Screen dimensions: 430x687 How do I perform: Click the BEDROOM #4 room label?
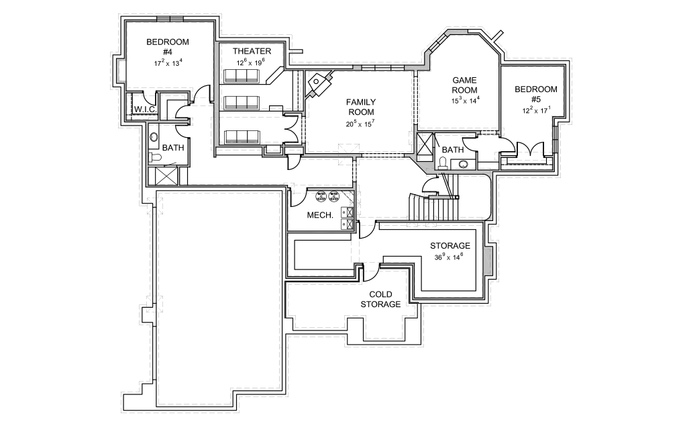(x=168, y=46)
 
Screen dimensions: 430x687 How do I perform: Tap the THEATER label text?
(x=252, y=51)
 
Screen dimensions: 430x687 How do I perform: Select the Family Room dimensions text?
(x=360, y=124)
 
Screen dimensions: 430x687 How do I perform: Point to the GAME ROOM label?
(x=464, y=85)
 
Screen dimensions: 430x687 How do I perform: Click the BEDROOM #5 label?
(x=536, y=94)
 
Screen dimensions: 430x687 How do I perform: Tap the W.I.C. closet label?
(x=146, y=110)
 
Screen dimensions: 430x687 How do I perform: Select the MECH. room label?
(x=321, y=215)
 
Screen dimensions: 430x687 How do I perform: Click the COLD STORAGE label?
(x=380, y=300)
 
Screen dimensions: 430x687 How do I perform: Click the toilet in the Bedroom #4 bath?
(x=156, y=158)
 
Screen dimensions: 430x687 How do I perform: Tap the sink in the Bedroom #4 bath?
(x=154, y=137)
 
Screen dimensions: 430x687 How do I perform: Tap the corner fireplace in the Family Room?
(x=319, y=85)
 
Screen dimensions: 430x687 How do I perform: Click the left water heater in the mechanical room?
(x=321, y=196)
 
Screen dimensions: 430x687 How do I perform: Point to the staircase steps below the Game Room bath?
(x=436, y=208)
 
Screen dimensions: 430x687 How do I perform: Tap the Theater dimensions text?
(x=250, y=62)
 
